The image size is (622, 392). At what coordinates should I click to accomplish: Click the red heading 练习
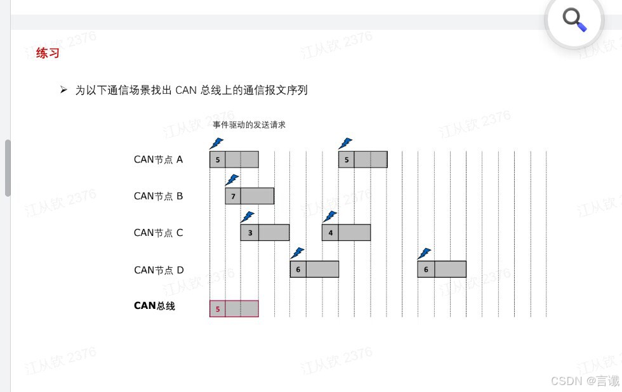pos(48,53)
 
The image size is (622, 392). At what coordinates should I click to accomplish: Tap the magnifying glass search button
pos(574,20)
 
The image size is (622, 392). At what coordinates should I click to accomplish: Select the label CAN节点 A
pos(158,160)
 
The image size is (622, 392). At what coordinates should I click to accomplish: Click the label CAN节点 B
pos(158,197)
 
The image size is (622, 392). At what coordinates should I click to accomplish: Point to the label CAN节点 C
pos(158,233)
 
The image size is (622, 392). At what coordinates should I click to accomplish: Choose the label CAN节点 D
pos(159,270)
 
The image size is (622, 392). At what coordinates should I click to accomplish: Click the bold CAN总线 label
pos(154,306)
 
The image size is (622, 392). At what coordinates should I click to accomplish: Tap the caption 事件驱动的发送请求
pos(249,125)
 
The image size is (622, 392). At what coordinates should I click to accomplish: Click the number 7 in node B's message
pos(233,197)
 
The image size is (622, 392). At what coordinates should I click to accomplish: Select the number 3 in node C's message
pos(250,233)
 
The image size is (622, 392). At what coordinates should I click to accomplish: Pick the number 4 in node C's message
pos(330,233)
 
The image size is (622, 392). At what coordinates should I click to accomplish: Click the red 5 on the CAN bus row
pos(218,309)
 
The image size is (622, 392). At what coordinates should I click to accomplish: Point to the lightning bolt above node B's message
pos(232,180)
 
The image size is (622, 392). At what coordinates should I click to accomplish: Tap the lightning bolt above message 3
pos(248,217)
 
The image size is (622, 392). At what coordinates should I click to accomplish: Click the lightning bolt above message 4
pos(330,217)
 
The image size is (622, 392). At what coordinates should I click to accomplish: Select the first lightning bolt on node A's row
pos(216,143)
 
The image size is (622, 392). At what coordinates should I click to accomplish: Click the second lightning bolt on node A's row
pos(345,143)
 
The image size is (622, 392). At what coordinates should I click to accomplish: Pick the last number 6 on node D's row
pos(426,270)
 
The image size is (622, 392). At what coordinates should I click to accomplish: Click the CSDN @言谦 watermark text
pos(584,381)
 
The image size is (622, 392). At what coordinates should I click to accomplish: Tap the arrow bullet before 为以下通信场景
pos(63,90)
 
